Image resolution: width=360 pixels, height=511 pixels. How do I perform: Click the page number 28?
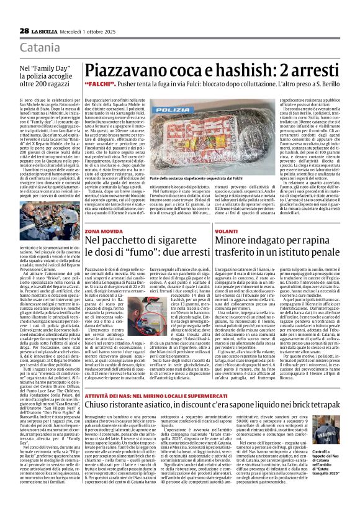coord(24,30)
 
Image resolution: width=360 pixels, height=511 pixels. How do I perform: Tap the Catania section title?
coord(38,47)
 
